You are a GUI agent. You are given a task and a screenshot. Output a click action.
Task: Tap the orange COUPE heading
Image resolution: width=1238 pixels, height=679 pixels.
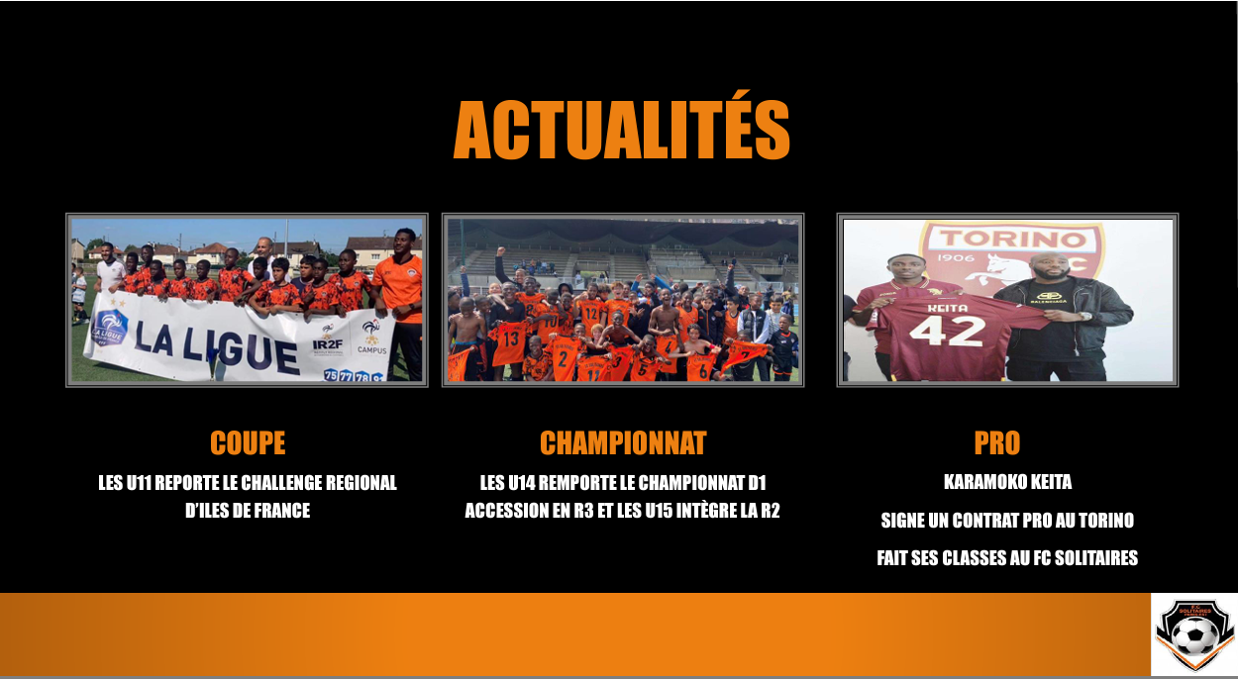pyautogui.click(x=248, y=442)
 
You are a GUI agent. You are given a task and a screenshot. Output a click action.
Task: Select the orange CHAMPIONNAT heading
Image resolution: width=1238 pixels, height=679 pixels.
pyautogui.click(x=623, y=442)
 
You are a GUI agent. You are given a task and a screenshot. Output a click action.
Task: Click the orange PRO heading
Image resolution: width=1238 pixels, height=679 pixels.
pyautogui.click(x=996, y=442)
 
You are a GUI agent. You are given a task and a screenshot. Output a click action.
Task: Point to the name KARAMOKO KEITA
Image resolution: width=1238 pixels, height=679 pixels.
pyautogui.click(x=1007, y=483)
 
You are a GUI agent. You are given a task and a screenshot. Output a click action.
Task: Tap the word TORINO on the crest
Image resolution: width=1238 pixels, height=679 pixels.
pyautogui.click(x=1011, y=240)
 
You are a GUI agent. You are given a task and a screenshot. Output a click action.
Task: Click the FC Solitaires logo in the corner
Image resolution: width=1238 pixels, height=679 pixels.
pyautogui.click(x=1194, y=632)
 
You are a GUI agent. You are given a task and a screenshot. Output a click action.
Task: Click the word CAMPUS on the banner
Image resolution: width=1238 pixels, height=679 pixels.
pyautogui.click(x=371, y=349)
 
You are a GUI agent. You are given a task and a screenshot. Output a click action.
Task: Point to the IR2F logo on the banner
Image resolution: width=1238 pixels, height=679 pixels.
pyautogui.click(x=328, y=341)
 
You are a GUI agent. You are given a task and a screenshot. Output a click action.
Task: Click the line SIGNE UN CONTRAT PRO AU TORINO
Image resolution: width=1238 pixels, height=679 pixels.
pyautogui.click(x=1007, y=521)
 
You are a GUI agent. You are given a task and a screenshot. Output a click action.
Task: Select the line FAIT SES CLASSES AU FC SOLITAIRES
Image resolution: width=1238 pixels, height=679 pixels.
pyautogui.click(x=1007, y=558)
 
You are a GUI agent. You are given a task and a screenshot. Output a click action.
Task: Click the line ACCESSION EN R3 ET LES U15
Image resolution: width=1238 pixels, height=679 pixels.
pyautogui.click(x=584, y=512)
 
